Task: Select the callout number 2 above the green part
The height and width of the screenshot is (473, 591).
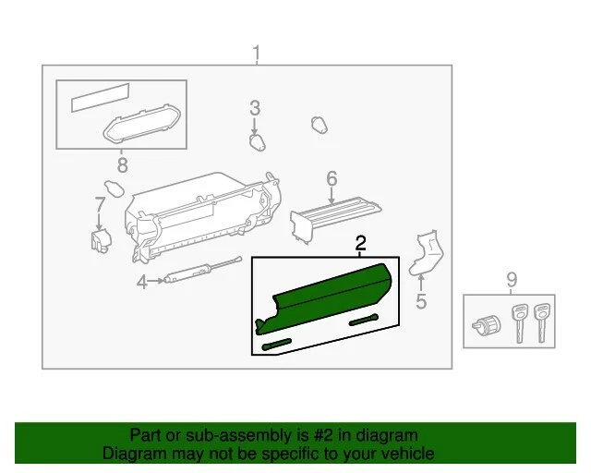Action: tap(361, 243)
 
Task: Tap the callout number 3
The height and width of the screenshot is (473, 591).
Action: tap(255, 109)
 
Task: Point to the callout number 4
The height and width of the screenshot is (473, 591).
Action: tap(142, 283)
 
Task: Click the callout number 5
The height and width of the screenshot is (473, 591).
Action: tap(420, 301)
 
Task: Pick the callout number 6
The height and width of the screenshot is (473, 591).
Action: tap(332, 178)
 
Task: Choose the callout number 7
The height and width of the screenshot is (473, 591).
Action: tap(100, 204)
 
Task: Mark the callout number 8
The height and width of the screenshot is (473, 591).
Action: tap(121, 165)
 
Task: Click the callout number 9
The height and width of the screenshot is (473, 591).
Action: tap(511, 278)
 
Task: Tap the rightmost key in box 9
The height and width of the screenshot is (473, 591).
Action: tap(542, 319)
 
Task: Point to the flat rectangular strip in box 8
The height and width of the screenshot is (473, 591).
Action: tap(102, 98)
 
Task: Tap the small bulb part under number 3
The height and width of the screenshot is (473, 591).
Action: tap(258, 141)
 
